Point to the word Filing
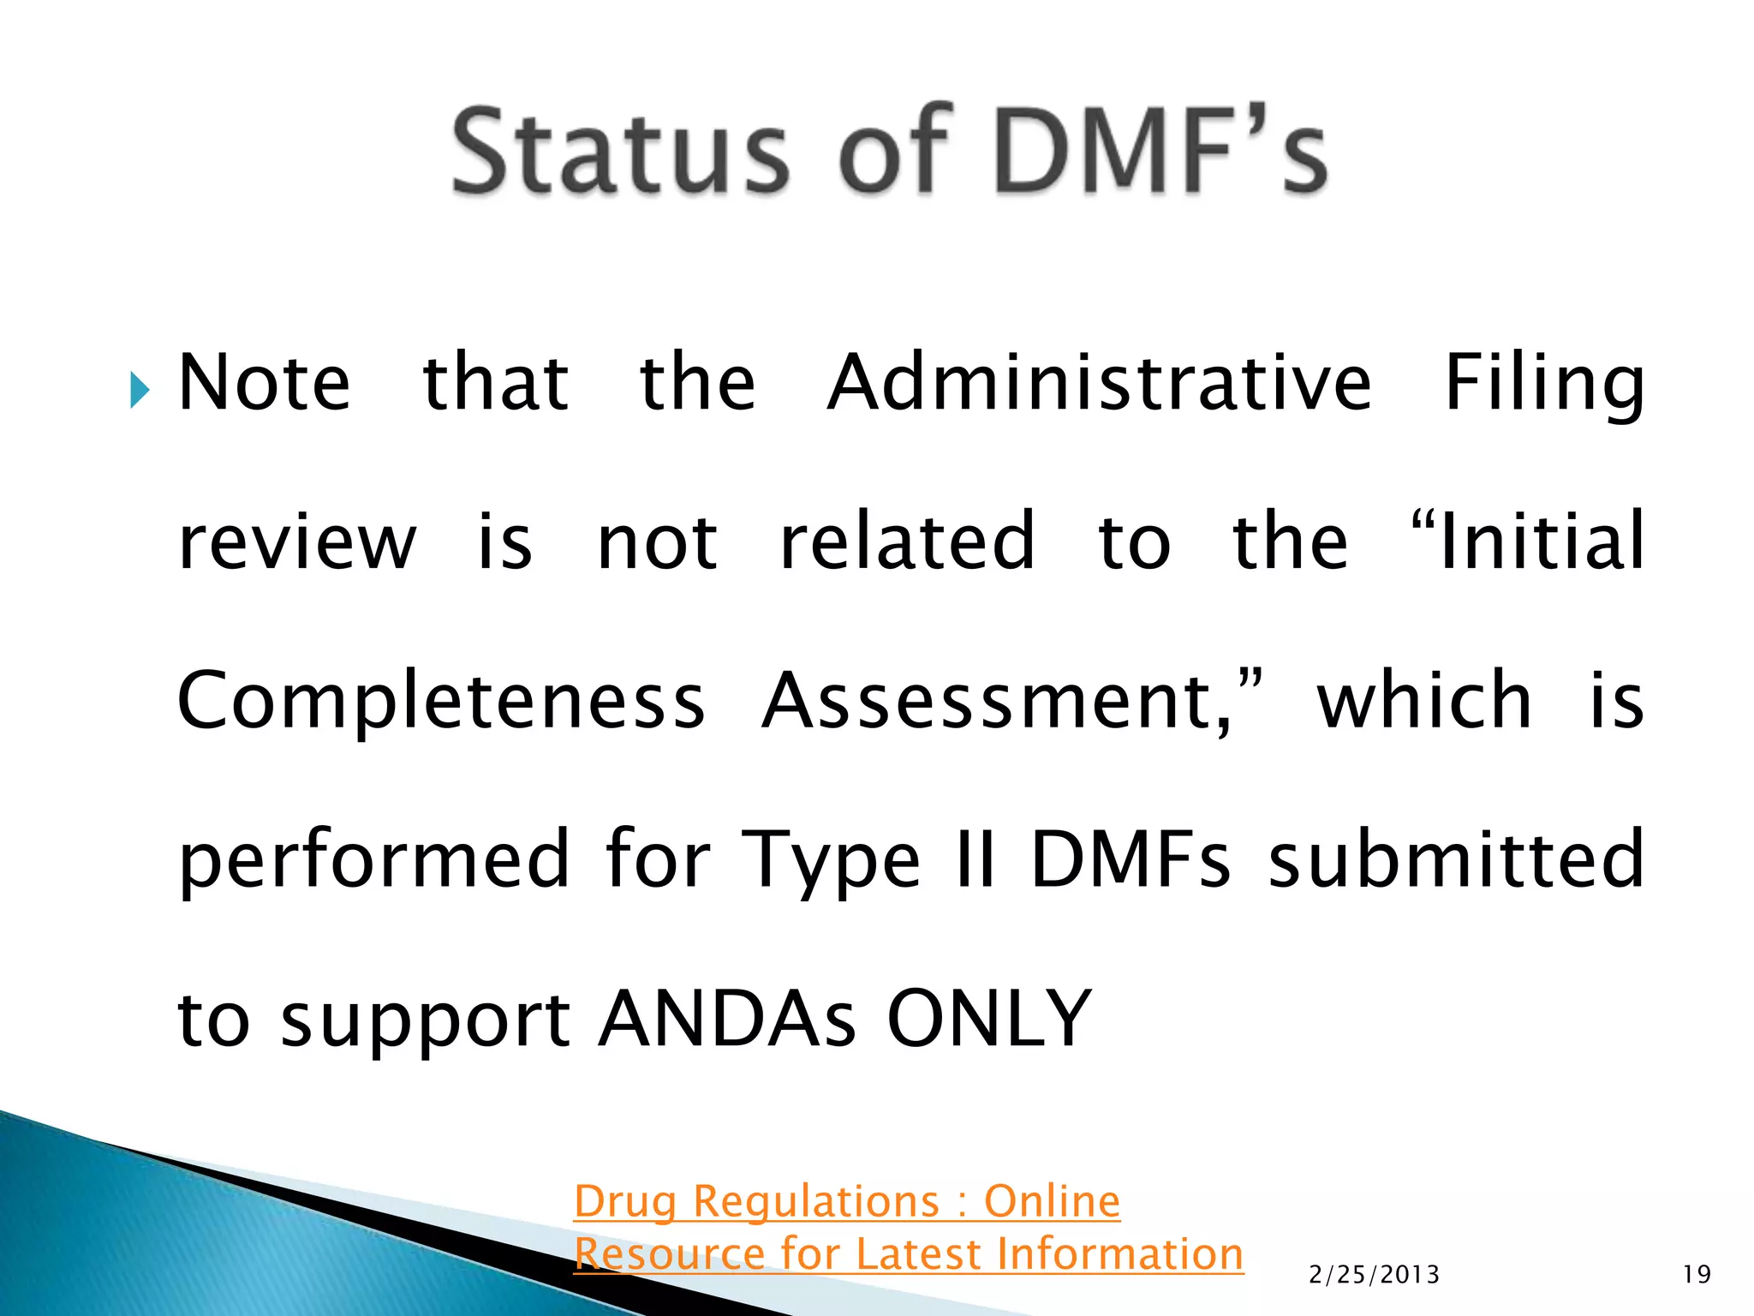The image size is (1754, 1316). coord(1543,383)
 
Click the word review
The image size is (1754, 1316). coord(296,542)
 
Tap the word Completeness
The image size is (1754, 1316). coord(441,702)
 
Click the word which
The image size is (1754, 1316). coord(1424,700)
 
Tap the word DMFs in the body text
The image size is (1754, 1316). coord(1131,859)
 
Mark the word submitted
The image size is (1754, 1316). coord(1456,859)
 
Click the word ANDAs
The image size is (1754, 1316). coord(727,1019)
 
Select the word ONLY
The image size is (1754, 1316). coord(989,1019)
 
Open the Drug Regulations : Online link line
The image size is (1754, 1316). coord(846,1201)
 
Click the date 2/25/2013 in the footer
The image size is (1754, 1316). coord(1374,1275)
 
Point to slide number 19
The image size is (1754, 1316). coord(1697,1275)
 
